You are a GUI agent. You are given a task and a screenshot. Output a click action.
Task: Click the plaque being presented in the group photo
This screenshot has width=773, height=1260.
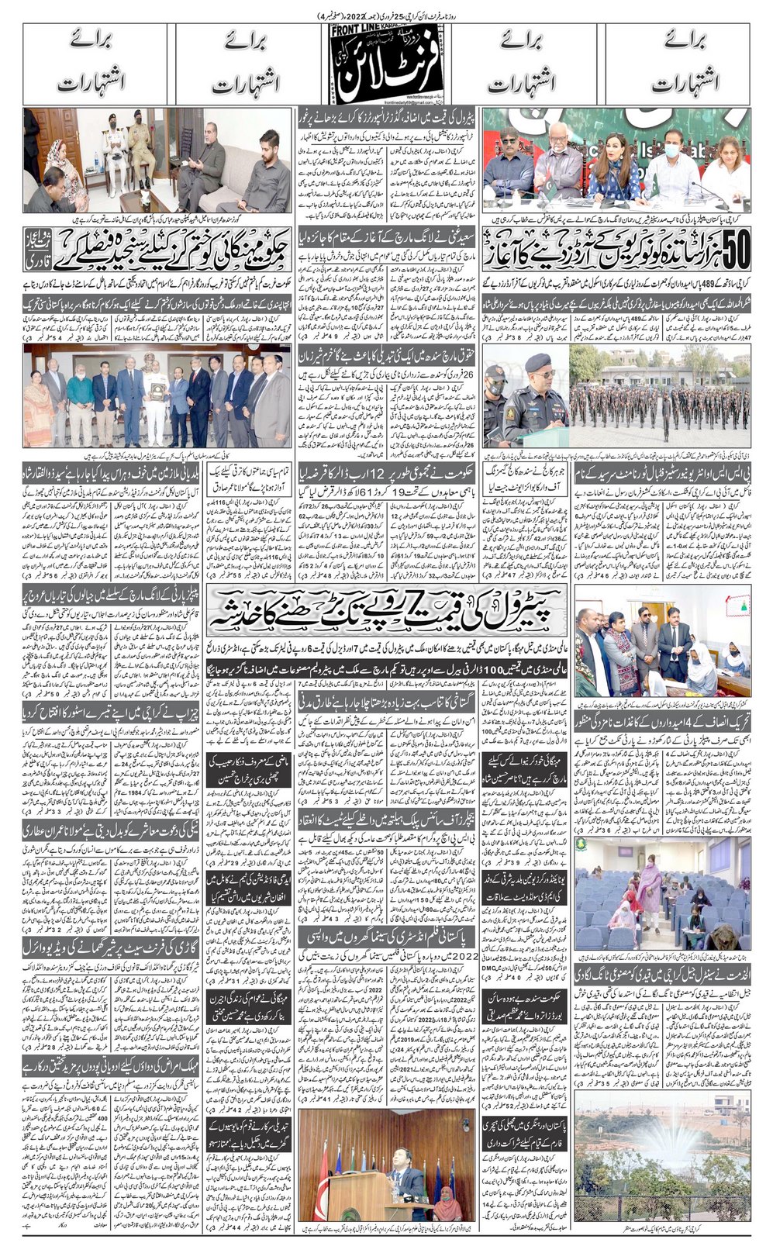click(x=162, y=387)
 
